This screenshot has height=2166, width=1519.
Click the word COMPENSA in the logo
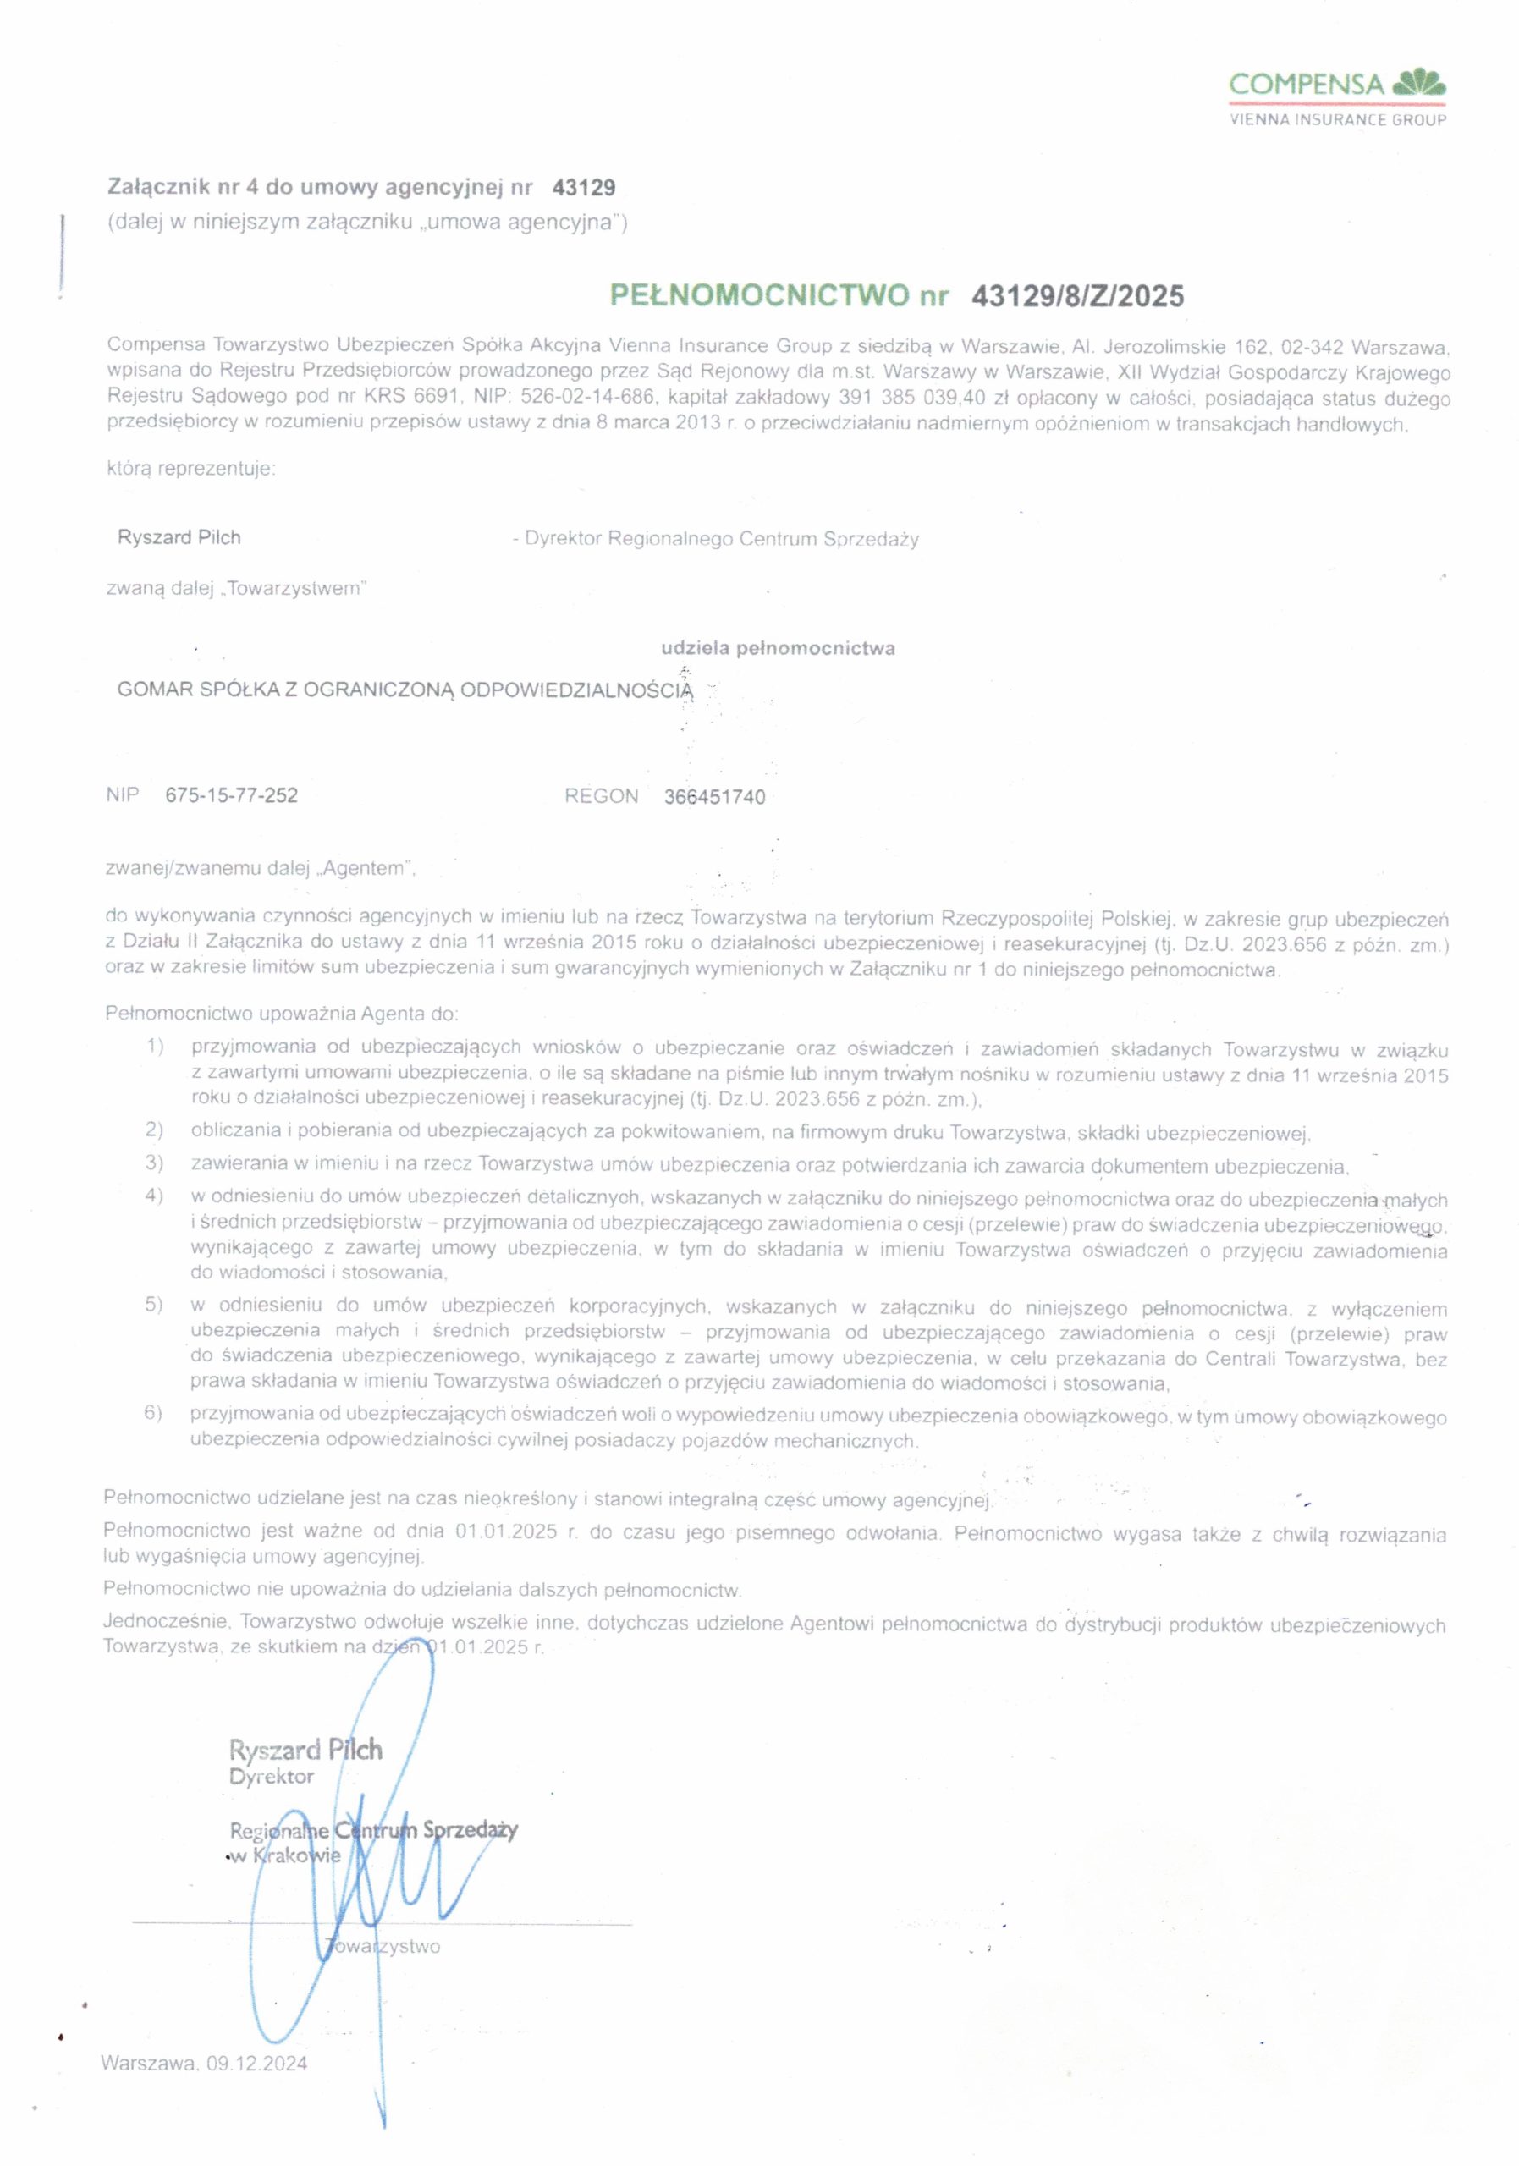click(1306, 85)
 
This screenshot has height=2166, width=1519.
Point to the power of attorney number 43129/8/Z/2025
click(1076, 296)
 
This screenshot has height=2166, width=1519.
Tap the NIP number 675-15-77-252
click(231, 795)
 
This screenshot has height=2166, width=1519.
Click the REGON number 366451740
click(714, 797)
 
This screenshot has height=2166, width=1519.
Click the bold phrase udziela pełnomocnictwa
click(778, 648)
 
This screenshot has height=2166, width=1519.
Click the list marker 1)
click(156, 1047)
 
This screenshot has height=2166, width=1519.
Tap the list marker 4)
click(155, 1196)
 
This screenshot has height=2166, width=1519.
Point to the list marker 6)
click(154, 1412)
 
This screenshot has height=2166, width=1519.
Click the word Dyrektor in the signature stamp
click(272, 1777)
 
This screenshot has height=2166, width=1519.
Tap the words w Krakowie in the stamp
click(286, 1855)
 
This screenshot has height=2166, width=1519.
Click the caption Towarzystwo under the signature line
click(384, 1946)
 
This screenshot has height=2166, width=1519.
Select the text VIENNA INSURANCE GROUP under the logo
click(1337, 120)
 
